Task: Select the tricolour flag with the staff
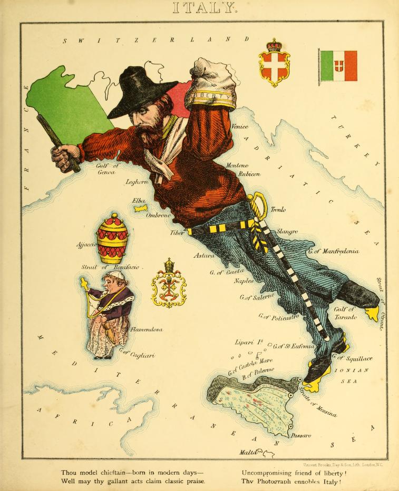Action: (x=338, y=66)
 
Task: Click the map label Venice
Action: (x=239, y=127)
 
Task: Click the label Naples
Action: (x=244, y=281)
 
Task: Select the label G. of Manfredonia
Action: (x=334, y=252)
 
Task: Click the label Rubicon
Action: (x=249, y=174)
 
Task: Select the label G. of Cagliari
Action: (x=137, y=354)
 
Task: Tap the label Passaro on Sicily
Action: (x=300, y=435)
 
